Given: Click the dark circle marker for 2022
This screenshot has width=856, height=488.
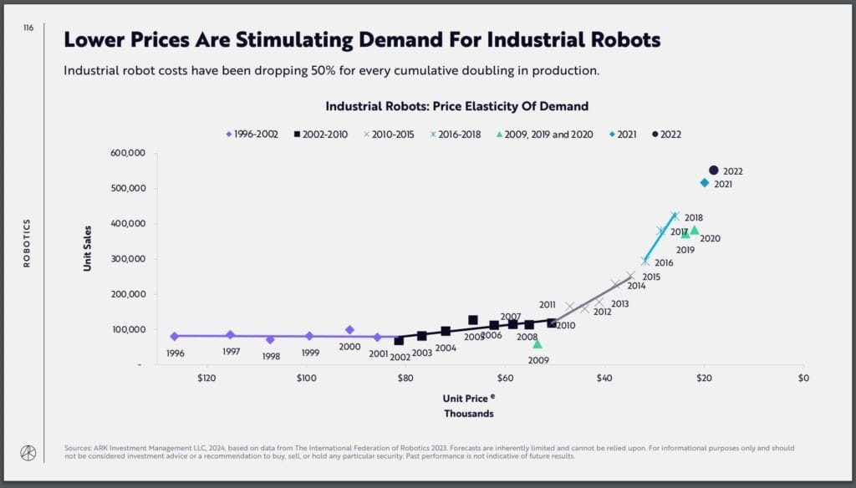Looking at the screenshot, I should click(x=713, y=170).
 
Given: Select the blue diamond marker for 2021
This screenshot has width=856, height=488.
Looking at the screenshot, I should click(x=705, y=183).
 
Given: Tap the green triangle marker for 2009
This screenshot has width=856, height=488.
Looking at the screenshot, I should click(x=538, y=343).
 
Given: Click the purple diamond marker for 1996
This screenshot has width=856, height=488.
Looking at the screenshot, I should click(x=174, y=336).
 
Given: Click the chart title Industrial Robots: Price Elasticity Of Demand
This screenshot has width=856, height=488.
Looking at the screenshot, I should click(x=456, y=106).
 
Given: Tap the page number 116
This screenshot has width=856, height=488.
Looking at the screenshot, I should click(x=28, y=28).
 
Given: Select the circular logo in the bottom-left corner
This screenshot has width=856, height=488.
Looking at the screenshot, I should click(x=28, y=452).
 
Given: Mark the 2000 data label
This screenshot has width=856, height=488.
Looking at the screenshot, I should click(x=349, y=347).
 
